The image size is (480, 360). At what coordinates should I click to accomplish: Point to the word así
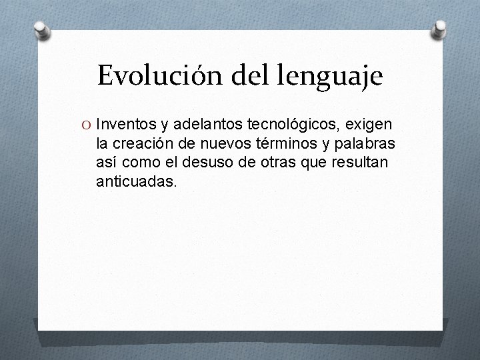(107, 162)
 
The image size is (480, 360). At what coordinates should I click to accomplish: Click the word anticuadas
(137, 181)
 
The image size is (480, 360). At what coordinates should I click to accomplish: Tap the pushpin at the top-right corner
(441, 28)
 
